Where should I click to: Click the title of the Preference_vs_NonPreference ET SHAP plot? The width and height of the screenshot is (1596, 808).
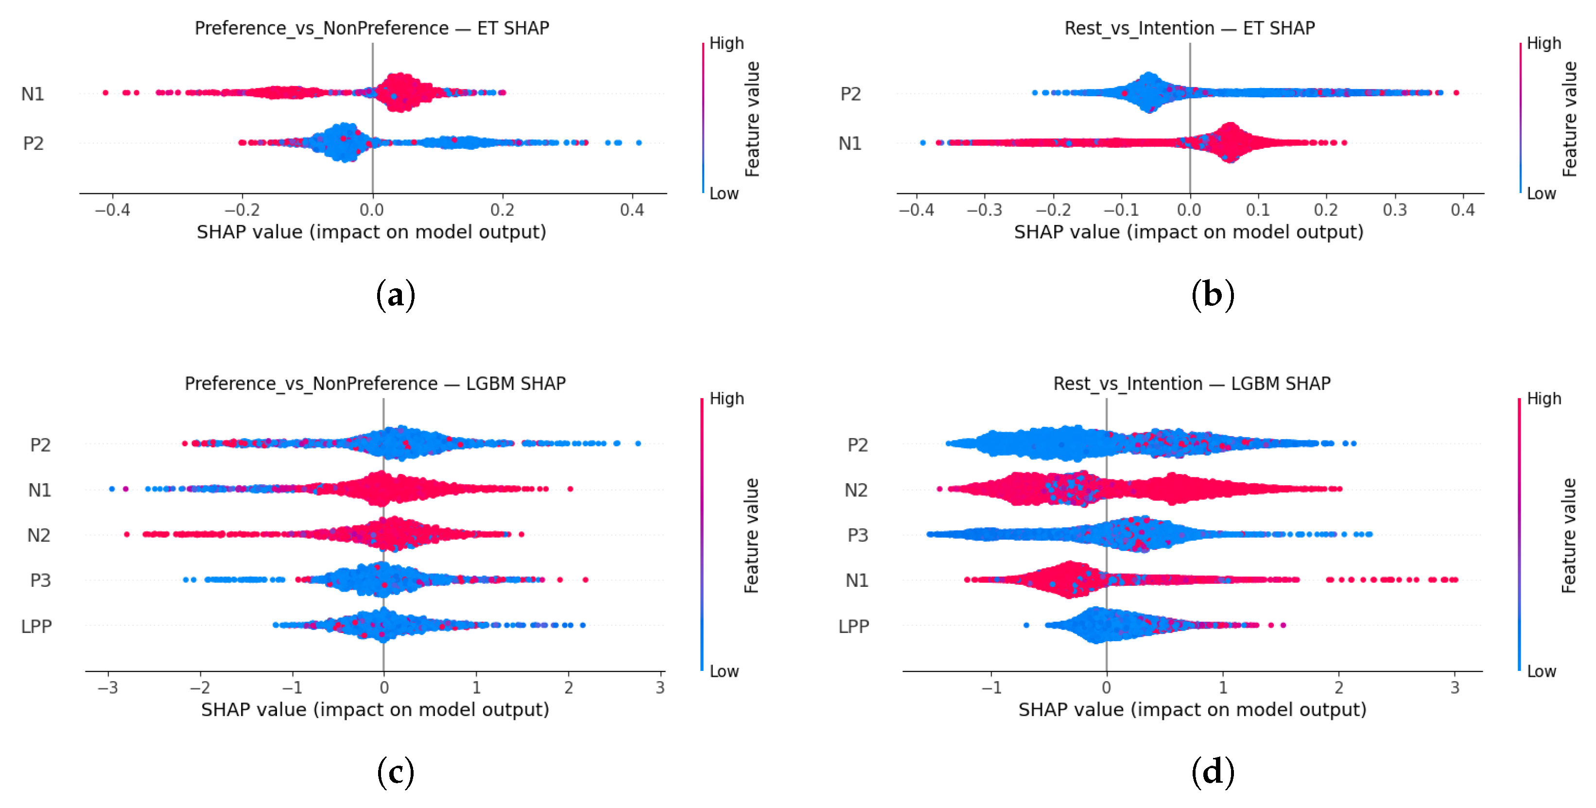[x=372, y=28]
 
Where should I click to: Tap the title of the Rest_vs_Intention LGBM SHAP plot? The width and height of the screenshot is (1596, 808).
[x=1192, y=384]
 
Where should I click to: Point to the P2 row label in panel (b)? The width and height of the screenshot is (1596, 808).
[x=850, y=93]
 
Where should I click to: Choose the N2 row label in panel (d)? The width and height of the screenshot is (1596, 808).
[x=856, y=490]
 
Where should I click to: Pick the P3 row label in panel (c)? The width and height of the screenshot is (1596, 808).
[x=40, y=580]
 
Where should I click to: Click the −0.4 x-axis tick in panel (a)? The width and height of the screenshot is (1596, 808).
[x=112, y=210]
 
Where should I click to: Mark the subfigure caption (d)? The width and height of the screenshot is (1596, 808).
[x=1213, y=772]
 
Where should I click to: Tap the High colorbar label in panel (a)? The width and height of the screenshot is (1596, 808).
[x=726, y=43]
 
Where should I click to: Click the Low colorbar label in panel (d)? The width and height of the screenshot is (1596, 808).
[x=1541, y=671]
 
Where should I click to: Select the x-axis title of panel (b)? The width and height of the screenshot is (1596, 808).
[x=1188, y=232]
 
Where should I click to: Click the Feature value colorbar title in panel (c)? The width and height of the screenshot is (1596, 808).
[x=751, y=535]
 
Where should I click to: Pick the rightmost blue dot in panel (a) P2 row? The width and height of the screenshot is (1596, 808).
[x=639, y=143]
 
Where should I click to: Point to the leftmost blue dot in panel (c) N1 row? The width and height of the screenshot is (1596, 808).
[x=111, y=489]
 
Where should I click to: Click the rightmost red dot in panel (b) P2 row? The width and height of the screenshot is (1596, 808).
[x=1456, y=93]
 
